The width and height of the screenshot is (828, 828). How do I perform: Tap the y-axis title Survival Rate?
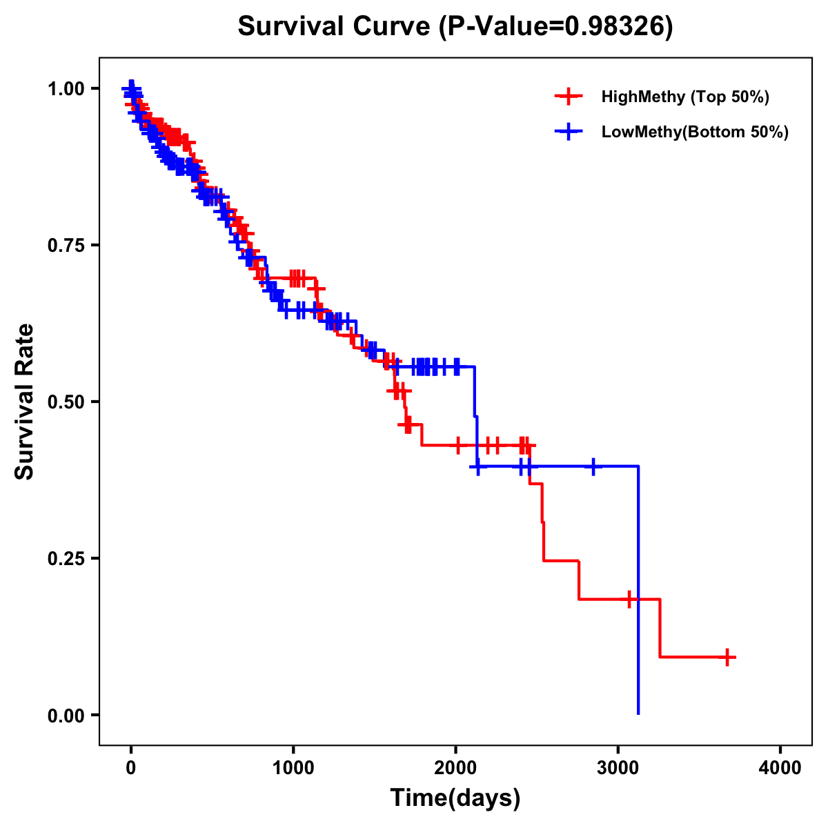25,402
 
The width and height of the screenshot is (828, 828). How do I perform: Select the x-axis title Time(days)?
455,798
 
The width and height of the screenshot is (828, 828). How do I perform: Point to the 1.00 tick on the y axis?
66,88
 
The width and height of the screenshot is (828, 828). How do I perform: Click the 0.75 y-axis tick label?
66,245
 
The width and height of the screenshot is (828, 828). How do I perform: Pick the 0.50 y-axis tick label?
66,402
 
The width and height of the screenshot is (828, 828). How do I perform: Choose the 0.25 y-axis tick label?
66,558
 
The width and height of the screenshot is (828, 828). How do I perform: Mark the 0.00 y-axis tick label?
66,715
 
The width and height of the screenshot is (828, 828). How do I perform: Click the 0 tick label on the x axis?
131,768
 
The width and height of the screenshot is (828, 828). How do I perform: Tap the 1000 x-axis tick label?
293,768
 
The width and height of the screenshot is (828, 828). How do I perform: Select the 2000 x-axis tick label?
455,768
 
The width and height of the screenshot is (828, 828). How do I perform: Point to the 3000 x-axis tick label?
618,768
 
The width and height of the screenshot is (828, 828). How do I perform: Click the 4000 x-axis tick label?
780,768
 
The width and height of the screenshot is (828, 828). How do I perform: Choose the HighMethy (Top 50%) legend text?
685,97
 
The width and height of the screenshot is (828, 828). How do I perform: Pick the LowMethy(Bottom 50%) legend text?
695,132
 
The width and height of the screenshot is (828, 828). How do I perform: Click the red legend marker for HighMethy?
569,97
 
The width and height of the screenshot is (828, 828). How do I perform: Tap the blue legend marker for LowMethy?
569,132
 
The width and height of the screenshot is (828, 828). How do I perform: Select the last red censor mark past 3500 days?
727,657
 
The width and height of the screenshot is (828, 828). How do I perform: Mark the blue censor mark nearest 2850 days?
593,466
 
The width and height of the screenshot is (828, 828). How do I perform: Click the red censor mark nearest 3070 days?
629,599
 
